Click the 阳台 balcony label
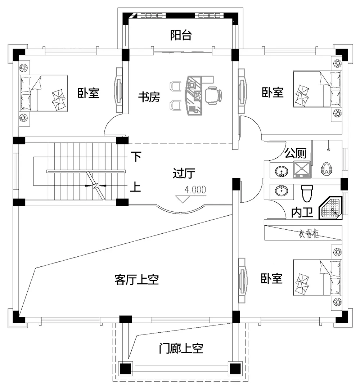181,36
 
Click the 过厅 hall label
184,174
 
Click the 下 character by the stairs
135,157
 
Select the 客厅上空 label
137,279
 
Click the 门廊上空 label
181,348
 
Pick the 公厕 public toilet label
296,154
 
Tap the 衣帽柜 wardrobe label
308,234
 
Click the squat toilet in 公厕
326,168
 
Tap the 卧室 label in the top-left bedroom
89,93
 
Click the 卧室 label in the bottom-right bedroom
272,278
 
